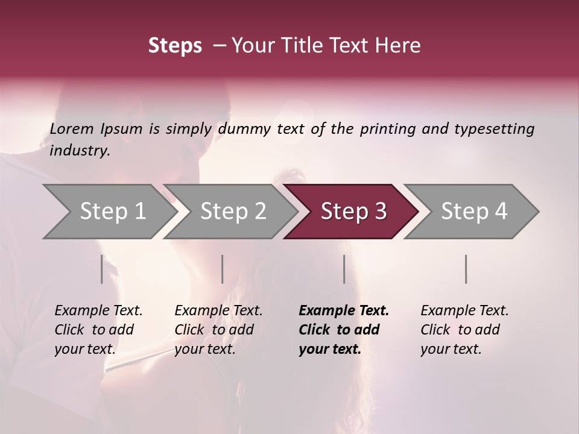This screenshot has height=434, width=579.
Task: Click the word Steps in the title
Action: point(175,46)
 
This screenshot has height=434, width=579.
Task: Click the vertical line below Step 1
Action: point(101,269)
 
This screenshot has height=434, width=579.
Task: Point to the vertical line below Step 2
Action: point(223,269)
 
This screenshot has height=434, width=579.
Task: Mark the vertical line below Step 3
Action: point(344,269)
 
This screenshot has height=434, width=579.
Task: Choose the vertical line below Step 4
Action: point(466,269)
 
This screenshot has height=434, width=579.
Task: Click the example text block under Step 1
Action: point(98,330)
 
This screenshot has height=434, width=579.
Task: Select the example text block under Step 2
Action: point(218,330)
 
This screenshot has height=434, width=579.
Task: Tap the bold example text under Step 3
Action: point(343,330)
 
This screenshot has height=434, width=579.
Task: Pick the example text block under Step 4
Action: point(464,330)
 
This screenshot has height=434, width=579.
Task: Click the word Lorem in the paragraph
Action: point(72,129)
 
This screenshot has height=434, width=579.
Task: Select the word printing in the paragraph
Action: point(387,129)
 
